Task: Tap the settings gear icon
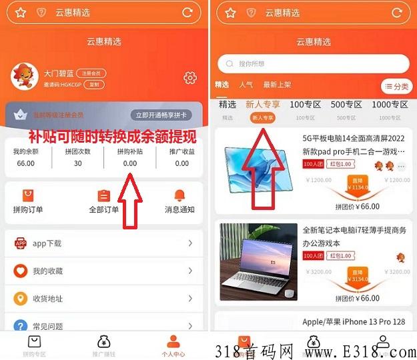[x=190, y=78]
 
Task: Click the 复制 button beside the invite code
[x=95, y=85]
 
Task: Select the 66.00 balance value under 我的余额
[x=25, y=163]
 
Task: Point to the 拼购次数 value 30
[x=78, y=163]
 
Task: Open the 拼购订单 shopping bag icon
[x=28, y=195]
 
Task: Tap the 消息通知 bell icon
[x=179, y=195]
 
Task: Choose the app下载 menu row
[x=103, y=243]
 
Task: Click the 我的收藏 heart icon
[x=20, y=271]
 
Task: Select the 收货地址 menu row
[x=103, y=298]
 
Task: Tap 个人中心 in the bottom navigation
[x=173, y=345]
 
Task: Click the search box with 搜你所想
[x=313, y=64]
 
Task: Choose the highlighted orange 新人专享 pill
[x=262, y=117]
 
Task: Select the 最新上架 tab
[x=277, y=85]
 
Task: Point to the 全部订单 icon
[x=103, y=195]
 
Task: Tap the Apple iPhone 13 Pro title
[x=354, y=321]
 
